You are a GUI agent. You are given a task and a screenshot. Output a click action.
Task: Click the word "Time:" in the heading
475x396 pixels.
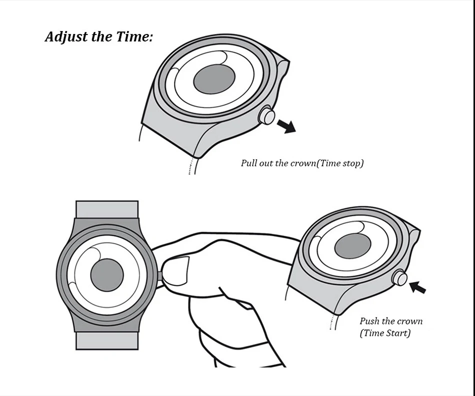[x=134, y=37]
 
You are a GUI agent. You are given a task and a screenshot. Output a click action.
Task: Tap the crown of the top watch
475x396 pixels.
[x=267, y=116]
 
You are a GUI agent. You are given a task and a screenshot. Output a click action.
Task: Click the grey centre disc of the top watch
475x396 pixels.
[x=214, y=79]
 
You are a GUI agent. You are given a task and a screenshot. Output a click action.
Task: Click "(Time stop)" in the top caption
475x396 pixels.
[x=341, y=163]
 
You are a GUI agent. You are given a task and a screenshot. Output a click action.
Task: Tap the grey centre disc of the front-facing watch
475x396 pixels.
[x=106, y=275]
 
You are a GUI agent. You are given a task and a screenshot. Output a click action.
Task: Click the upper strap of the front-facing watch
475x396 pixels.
[x=106, y=209]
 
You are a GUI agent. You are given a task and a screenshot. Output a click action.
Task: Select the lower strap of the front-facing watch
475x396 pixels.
[x=106, y=340]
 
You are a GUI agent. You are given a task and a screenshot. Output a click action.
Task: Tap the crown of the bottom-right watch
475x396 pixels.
[x=400, y=277]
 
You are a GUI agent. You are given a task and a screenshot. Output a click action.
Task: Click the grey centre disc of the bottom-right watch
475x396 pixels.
[x=352, y=246]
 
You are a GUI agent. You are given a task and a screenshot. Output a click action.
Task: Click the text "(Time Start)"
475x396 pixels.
[x=385, y=333]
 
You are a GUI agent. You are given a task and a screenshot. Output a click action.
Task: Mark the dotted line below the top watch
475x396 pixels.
[x=190, y=165]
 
